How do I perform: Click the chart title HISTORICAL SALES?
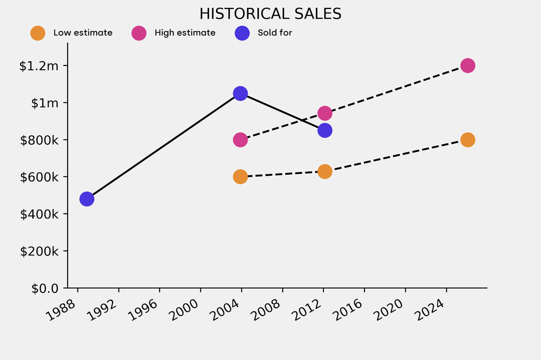(270, 14)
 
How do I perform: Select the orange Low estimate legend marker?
(38, 33)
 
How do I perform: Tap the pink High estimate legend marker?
(138, 33)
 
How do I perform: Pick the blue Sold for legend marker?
(242, 33)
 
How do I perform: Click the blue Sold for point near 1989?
(87, 199)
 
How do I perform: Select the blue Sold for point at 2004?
(240, 93)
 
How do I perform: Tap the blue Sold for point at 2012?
(325, 130)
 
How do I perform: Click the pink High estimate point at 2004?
(240, 140)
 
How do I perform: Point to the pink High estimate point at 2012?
(325, 113)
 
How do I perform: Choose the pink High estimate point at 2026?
(468, 65)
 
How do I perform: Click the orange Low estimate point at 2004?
(240, 177)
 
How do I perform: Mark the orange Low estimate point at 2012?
(325, 172)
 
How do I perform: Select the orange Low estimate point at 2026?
(468, 140)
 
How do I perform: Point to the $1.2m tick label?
(39, 66)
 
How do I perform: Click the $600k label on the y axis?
(39, 177)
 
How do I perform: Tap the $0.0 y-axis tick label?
(41, 288)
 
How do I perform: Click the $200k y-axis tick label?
(39, 251)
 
